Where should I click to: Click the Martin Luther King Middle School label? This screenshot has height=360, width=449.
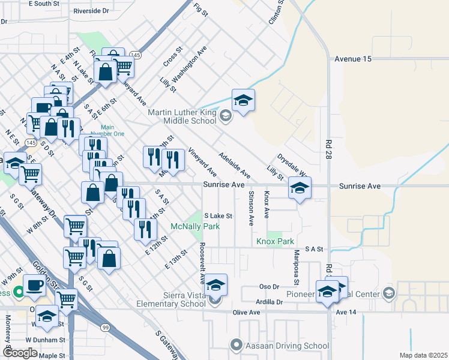click(183, 116)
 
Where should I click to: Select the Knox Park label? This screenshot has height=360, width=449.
click(275, 241)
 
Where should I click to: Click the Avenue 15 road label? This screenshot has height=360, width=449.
click(354, 59)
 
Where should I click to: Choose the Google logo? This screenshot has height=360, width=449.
click(20, 353)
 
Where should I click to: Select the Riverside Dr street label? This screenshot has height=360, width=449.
click(91, 11)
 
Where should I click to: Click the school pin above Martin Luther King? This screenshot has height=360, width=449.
click(243, 100)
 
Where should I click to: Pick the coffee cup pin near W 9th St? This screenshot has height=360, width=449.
click(34, 284)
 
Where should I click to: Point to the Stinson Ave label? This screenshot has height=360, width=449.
click(250, 208)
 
